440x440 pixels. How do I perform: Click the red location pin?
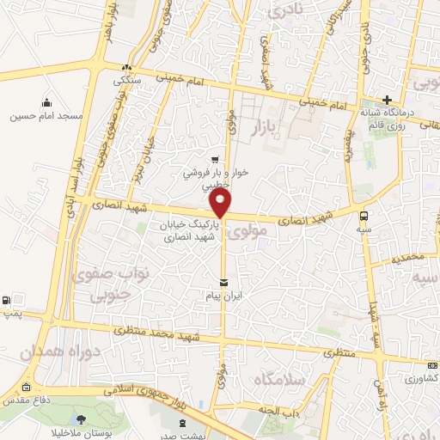point(221,204)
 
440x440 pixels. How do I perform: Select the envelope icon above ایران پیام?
point(223,283)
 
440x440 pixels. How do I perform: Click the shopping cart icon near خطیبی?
point(215,159)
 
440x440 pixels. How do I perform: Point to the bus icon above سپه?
point(365,216)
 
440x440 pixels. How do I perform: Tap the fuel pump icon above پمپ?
point(8,300)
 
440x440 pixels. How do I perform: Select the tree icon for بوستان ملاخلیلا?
point(82,419)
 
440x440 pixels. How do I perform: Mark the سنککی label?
point(127,80)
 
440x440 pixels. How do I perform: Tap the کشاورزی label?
point(420,377)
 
